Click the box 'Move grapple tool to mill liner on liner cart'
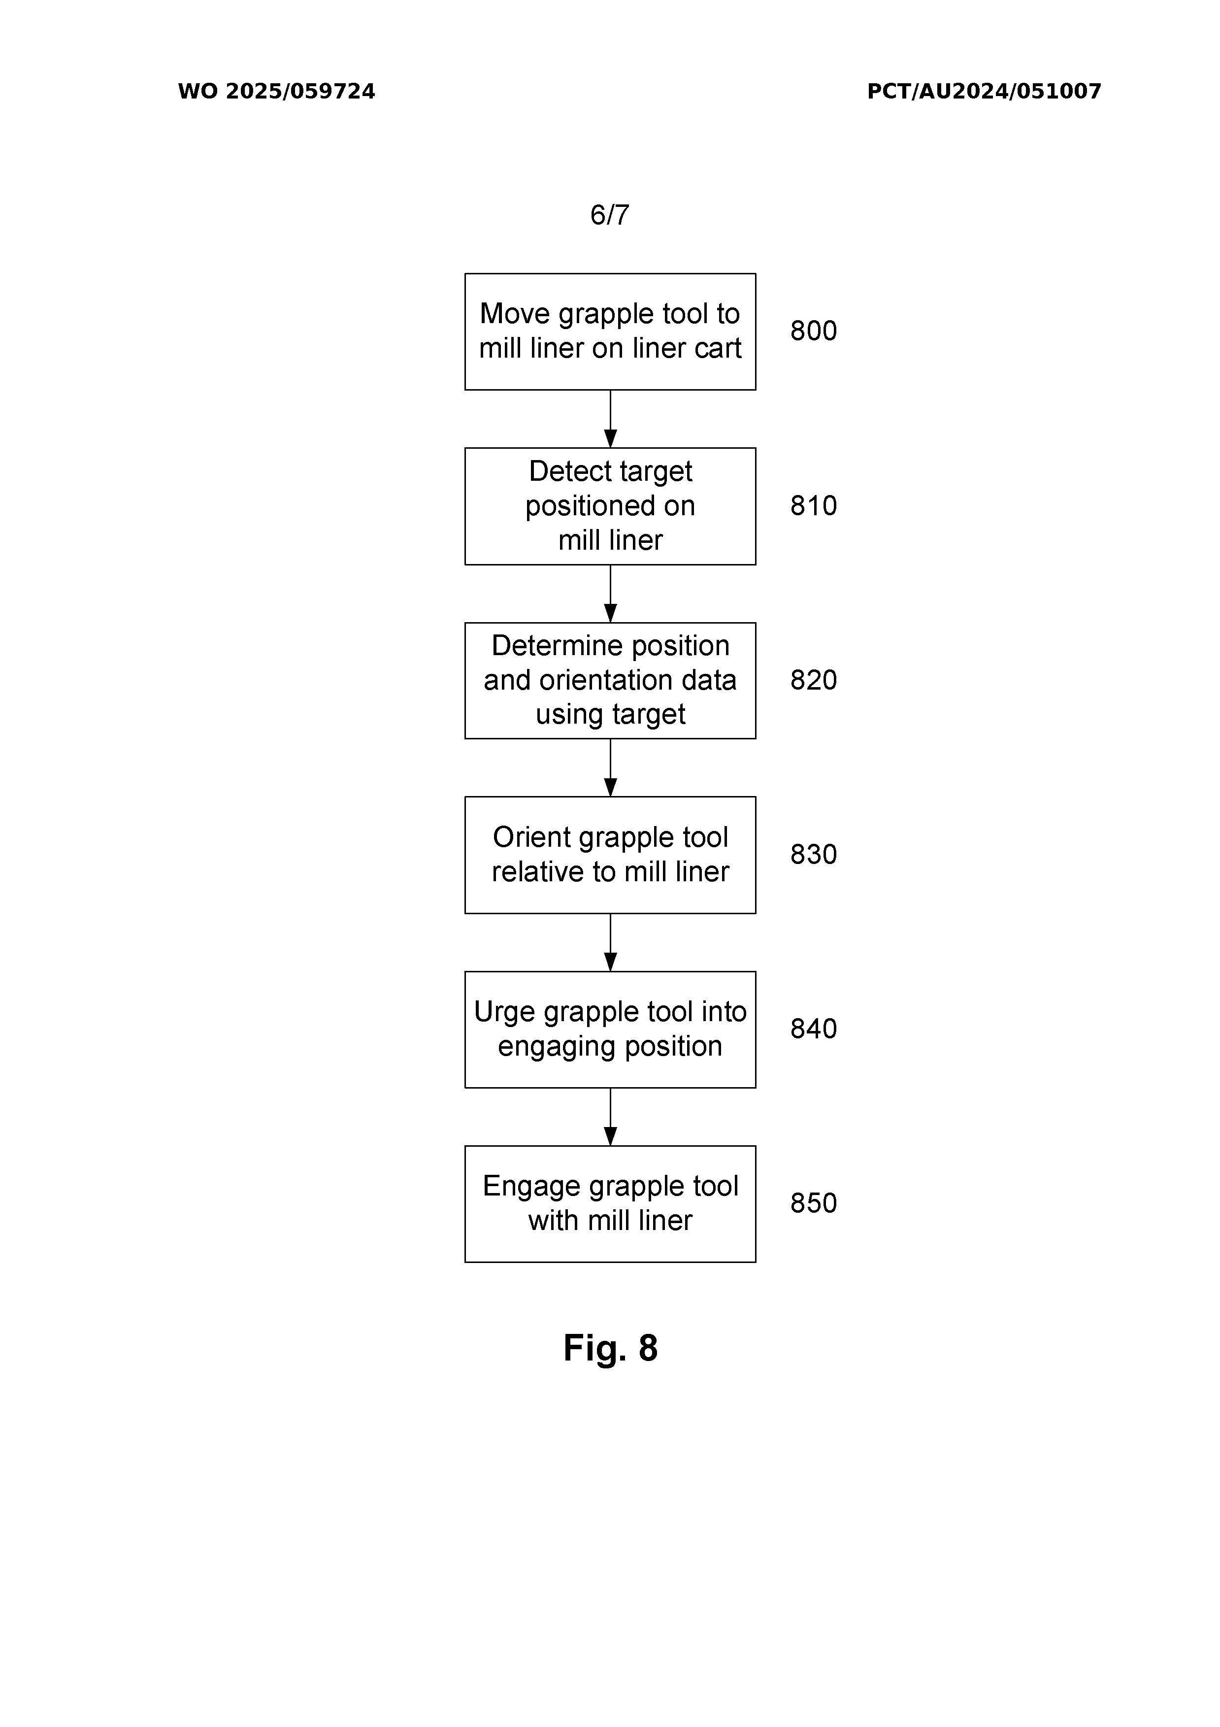click(610, 332)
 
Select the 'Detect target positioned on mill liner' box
click(610, 506)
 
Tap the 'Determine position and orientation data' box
click(610, 681)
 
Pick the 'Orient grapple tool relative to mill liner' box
click(610, 855)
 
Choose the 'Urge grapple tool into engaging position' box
click(610, 1030)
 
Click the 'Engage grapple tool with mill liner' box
click(610, 1204)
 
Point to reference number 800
click(813, 331)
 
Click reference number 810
click(813, 505)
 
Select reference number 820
click(813, 680)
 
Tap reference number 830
click(813, 855)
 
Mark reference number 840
click(813, 1029)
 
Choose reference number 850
click(813, 1203)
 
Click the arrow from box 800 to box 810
click(610, 419)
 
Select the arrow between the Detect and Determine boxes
click(610, 594)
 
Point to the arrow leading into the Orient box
click(610, 768)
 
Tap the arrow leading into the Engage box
click(610, 1117)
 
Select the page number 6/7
click(609, 215)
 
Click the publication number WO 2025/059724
click(276, 92)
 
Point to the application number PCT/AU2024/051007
click(984, 92)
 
